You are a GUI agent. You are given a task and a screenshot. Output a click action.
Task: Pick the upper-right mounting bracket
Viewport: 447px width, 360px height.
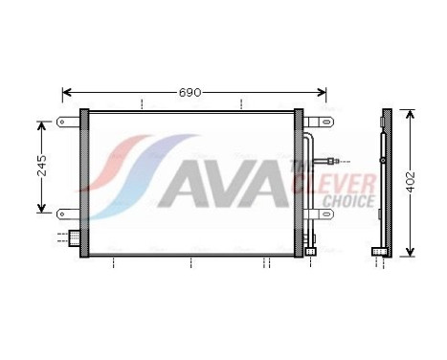coord(317,123)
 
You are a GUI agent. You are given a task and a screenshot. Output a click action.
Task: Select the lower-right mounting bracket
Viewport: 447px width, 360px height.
coord(317,214)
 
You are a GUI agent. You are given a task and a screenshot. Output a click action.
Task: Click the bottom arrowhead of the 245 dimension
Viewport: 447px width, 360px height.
coord(42,210)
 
